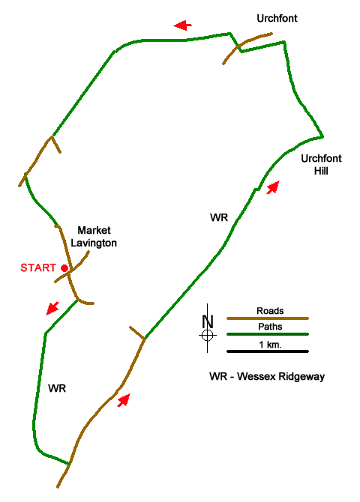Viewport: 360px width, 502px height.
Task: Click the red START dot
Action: point(64,268)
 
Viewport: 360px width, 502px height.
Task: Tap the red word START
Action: point(38,267)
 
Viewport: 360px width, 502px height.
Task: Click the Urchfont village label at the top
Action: point(277,18)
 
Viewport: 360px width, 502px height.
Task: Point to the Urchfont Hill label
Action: point(321,165)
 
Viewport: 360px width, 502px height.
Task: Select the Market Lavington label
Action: point(94,237)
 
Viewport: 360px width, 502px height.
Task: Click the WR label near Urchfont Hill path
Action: point(219,218)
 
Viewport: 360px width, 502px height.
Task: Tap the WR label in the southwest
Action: point(57,388)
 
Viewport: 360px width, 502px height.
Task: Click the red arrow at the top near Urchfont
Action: point(183,25)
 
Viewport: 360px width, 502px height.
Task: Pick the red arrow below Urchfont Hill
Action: point(273,187)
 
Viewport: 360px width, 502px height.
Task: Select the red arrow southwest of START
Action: point(52,308)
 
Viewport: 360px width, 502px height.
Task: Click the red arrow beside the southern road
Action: point(124,400)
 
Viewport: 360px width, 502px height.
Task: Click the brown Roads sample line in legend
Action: point(268,318)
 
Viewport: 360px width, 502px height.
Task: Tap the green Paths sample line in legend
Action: point(268,334)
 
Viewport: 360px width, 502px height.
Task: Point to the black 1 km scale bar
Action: point(268,351)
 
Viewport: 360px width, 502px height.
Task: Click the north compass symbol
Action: point(208,328)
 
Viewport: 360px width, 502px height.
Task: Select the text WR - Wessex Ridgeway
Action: point(267,376)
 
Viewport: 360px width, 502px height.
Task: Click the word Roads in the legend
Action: point(270,311)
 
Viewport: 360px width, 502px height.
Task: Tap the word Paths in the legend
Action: point(270,327)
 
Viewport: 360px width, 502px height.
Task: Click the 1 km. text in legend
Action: point(270,345)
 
